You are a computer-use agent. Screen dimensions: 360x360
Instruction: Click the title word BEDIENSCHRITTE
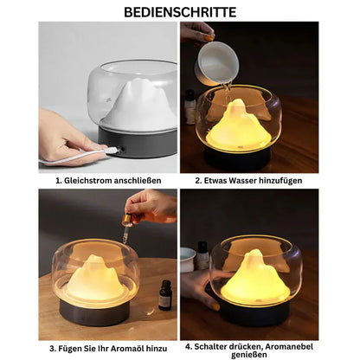pos(179,12)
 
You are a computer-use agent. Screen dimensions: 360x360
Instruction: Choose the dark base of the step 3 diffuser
pos(95,312)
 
